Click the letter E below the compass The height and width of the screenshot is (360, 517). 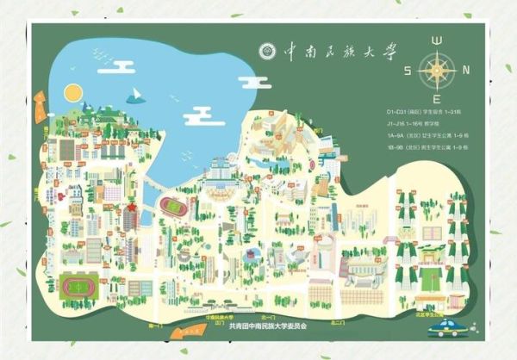(437, 99)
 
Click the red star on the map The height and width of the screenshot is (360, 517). (131, 209)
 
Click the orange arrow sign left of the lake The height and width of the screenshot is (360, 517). (39, 95)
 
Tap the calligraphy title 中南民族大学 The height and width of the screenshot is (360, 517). (339, 52)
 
